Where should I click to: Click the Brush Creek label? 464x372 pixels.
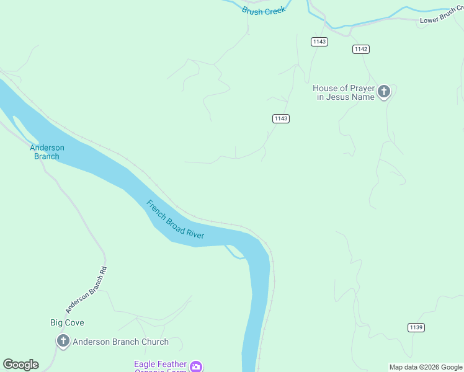click(264, 11)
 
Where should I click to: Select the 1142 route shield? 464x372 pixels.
click(361, 49)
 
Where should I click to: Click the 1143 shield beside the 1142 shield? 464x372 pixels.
click(320, 42)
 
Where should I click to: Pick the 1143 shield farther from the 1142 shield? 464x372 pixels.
click(281, 118)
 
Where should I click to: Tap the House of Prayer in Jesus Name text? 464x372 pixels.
click(343, 93)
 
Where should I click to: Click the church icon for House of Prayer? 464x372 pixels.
click(384, 92)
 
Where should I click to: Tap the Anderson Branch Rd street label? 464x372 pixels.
click(86, 290)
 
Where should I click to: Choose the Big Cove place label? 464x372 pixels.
click(67, 322)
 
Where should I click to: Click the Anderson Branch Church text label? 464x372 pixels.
click(120, 342)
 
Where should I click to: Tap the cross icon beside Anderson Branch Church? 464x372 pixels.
click(63, 341)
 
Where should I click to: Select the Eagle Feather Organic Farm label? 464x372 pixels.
click(160, 366)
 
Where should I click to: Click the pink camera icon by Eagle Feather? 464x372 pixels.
click(196, 366)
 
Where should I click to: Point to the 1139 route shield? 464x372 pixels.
click(416, 327)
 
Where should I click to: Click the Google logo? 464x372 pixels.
click(20, 365)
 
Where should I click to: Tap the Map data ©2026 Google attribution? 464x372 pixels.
click(426, 367)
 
